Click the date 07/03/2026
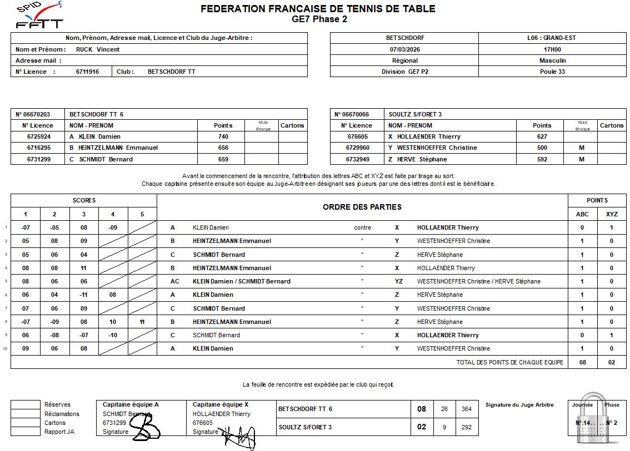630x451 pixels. [404, 49]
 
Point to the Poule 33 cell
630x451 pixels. [552, 72]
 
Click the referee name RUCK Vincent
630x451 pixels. [98, 49]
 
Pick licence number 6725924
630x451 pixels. [39, 136]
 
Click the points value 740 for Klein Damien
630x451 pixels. [223, 136]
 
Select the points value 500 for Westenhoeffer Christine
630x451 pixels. [542, 148]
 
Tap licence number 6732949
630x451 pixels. [358, 159]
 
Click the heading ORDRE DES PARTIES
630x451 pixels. [362, 207]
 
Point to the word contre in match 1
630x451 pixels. [362, 227]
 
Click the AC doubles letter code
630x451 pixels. [175, 281]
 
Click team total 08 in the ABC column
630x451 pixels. [582, 362]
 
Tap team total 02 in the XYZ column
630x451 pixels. [612, 362]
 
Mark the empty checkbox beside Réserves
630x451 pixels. [26, 405]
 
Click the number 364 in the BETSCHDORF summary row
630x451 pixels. [467, 409]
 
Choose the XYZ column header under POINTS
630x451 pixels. [612, 214]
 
